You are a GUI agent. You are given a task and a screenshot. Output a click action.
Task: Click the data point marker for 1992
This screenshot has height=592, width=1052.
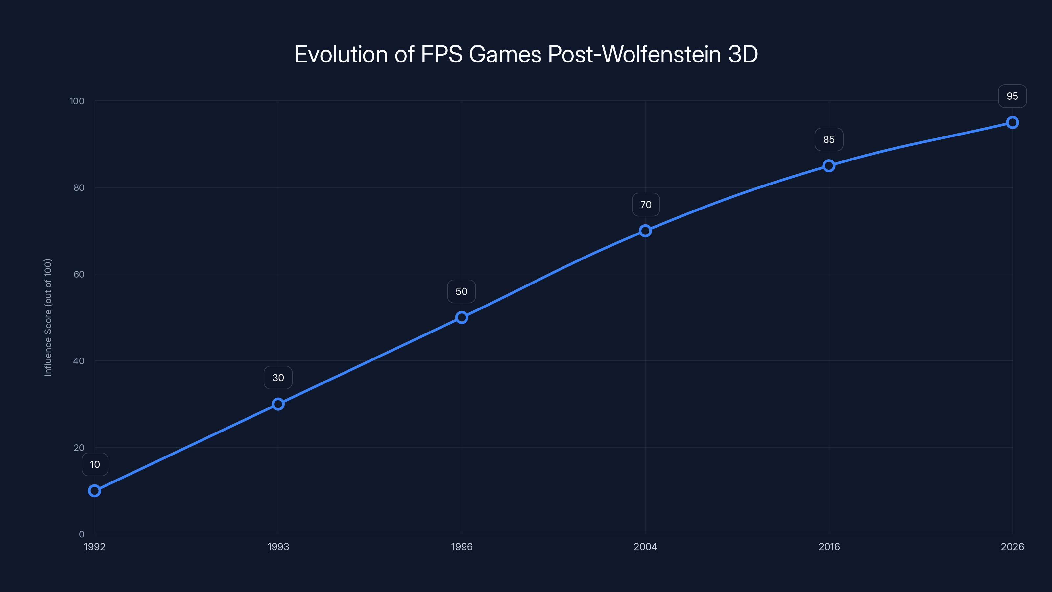coord(95,491)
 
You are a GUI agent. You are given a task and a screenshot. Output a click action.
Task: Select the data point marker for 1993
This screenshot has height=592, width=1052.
coord(278,404)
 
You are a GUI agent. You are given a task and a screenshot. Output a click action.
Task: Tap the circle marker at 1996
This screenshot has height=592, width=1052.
coord(462,317)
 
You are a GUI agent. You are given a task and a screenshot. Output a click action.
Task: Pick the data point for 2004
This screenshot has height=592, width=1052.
coord(645,231)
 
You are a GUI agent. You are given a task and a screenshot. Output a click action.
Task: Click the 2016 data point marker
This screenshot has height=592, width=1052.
coord(828,166)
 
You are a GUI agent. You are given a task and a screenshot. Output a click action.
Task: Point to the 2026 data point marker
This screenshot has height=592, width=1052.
coord(1012,123)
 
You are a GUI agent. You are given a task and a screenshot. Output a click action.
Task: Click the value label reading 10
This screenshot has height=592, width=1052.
coord(95,464)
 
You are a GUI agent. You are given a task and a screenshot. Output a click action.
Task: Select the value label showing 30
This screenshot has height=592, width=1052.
coord(278,378)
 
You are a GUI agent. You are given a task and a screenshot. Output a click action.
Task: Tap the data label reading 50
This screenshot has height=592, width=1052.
coord(462,292)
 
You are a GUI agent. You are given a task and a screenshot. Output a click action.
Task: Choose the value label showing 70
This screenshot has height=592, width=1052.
coord(646,205)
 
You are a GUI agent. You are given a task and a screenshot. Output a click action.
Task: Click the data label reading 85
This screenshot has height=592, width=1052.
coord(828,140)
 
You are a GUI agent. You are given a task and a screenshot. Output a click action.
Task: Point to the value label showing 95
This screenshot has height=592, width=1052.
coord(1012,96)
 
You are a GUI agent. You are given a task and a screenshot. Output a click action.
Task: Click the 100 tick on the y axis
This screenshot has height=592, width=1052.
coord(77,101)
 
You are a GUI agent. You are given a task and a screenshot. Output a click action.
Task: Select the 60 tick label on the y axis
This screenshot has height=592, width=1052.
coord(79,274)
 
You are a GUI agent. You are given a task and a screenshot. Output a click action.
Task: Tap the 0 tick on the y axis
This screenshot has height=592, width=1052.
coord(82,534)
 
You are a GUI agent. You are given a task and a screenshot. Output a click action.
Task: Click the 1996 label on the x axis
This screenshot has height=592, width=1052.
coord(462,547)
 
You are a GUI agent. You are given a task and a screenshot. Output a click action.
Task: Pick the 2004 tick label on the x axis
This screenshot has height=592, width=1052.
coord(645,547)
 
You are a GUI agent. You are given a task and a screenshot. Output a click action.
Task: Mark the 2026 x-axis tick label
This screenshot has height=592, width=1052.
coord(1012,547)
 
